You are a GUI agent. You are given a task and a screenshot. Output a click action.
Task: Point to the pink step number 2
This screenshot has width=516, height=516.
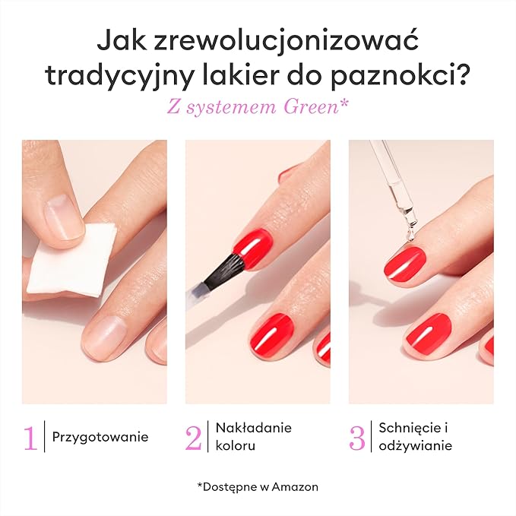click(193, 438)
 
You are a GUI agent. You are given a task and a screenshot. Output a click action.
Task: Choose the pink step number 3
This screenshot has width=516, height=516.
click(356, 438)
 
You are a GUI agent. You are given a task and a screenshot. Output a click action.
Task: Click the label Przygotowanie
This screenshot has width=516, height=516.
click(100, 438)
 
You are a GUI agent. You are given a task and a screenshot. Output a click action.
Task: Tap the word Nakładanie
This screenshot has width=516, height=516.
click(253, 428)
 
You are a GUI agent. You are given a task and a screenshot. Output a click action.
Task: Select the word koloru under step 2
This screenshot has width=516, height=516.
click(236, 446)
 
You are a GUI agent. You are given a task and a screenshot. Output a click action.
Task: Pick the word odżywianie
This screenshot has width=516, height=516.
click(415, 446)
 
